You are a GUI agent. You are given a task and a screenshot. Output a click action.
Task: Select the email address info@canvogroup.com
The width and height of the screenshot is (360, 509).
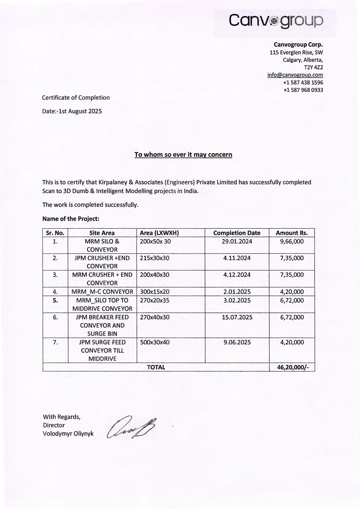point(295,75)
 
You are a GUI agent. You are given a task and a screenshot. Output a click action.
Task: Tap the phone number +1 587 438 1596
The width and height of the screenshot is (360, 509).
point(303,82)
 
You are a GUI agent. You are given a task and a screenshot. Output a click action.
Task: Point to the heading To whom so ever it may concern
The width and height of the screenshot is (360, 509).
point(183,154)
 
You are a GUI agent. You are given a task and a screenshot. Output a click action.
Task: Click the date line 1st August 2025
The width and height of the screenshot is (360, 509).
point(72,111)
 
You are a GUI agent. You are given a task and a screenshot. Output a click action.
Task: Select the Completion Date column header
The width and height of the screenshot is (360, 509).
point(237,233)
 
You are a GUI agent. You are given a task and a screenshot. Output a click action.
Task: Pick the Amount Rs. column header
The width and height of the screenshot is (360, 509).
point(292,233)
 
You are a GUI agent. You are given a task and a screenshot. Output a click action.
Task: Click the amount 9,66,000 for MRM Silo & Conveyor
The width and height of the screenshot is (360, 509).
point(292,242)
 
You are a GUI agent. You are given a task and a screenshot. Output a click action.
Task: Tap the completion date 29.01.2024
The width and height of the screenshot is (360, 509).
point(237,242)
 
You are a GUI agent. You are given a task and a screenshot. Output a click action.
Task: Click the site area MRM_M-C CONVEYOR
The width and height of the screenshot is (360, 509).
point(102,292)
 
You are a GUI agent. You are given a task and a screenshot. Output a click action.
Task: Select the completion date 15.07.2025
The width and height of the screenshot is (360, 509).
point(237,317)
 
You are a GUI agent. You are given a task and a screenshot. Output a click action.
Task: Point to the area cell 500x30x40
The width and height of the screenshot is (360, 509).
point(154,342)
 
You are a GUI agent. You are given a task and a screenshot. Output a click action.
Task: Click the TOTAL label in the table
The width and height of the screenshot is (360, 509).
point(156,367)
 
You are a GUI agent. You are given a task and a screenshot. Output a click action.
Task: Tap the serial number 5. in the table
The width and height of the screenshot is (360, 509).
point(55,300)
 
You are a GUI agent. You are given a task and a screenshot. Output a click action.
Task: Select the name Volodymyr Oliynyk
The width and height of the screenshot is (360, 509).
point(68,434)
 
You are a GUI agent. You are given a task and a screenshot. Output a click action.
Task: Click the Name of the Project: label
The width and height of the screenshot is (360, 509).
point(71,219)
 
